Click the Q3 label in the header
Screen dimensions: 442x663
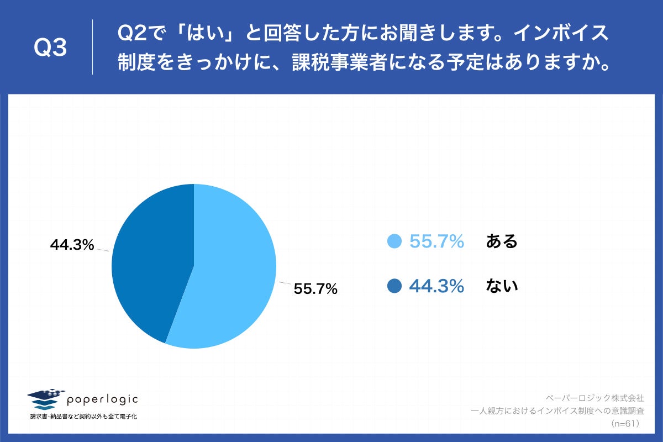click(50, 48)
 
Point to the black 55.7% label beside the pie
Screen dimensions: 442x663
click(315, 288)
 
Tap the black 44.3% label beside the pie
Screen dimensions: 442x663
click(72, 245)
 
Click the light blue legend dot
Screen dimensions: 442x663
click(394, 241)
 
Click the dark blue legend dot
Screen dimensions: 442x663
click(394, 286)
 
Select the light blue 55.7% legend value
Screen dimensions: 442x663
click(436, 241)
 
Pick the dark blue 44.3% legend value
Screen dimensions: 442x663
click(436, 286)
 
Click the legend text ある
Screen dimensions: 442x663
click(502, 241)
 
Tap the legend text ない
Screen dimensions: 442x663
click(502, 286)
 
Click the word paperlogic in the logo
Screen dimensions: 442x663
click(103, 399)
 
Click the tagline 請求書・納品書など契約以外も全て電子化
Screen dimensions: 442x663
click(83, 416)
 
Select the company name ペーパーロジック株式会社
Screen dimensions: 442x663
click(594, 398)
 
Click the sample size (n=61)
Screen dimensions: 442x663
click(625, 424)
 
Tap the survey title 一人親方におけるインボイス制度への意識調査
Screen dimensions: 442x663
click(557, 411)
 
